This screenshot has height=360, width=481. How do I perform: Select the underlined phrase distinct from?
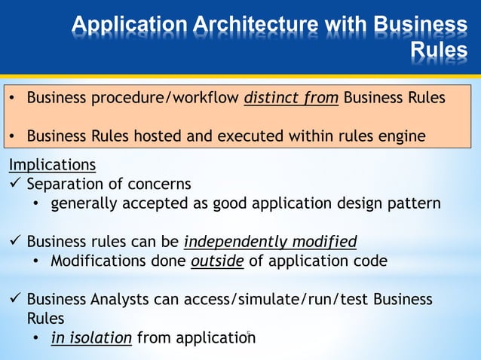[x=291, y=98]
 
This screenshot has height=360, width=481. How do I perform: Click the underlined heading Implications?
[x=52, y=164]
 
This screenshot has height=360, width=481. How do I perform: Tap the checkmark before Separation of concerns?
[x=14, y=184]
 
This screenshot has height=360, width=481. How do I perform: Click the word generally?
[x=83, y=203]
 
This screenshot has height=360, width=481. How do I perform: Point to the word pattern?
[x=414, y=203]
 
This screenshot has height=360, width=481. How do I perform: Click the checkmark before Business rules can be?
[x=14, y=242]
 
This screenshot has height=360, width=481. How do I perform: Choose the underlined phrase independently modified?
[x=270, y=242]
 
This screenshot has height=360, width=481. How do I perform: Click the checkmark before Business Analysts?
[x=14, y=300]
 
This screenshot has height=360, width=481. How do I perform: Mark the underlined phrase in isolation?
[x=91, y=338]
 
